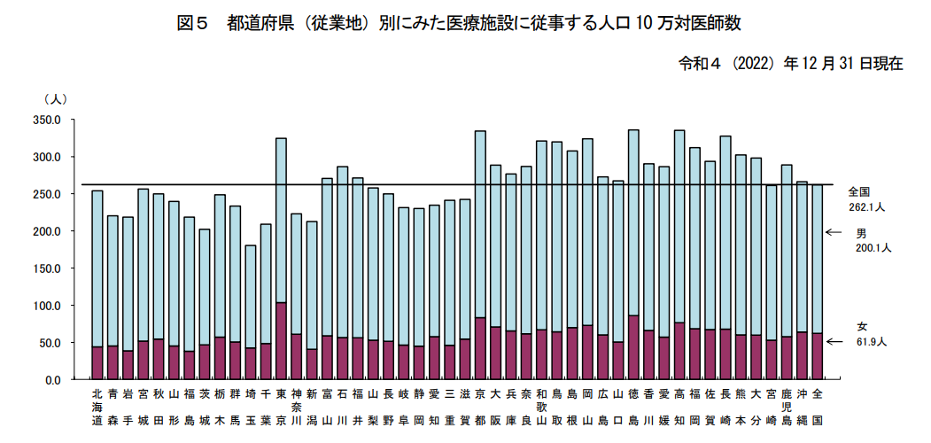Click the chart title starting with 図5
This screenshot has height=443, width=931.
pyautogui.click(x=459, y=24)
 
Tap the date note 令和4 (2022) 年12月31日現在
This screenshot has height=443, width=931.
pyautogui.click(x=791, y=64)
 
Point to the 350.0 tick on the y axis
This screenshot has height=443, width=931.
pyautogui.click(x=50, y=120)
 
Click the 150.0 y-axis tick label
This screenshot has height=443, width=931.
pyautogui.click(x=50, y=268)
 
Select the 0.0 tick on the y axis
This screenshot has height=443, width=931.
pyautogui.click(x=55, y=380)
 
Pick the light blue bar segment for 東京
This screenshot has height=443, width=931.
pyautogui.click(x=282, y=221)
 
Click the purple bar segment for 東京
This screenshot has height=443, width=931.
pyautogui.click(x=282, y=341)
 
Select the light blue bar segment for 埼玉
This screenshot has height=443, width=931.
pyautogui.click(x=251, y=296)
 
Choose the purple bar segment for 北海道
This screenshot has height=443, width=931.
pyautogui.click(x=97, y=363)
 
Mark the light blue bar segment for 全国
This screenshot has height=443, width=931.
pyautogui.click(x=818, y=259)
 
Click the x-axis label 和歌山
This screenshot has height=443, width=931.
pyautogui.click(x=541, y=407)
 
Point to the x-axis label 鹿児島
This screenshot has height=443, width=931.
pyautogui.click(x=787, y=407)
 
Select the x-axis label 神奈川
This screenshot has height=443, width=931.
pyautogui.click(x=296, y=407)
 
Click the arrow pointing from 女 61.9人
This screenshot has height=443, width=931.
pyautogui.click(x=834, y=341)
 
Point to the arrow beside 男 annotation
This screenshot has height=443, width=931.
pyautogui.click(x=834, y=232)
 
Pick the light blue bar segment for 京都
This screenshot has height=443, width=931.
pyautogui.click(x=481, y=224)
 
